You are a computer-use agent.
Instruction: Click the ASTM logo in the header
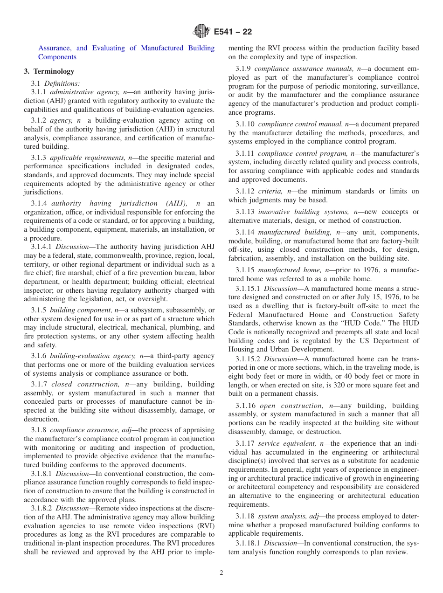tap(201, 32)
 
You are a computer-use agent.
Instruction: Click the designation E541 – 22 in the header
tap(233, 32)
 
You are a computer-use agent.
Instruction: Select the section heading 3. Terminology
tap(49, 71)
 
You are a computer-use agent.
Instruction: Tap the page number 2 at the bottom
tap(221, 573)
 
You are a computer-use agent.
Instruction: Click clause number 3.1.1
tap(40, 92)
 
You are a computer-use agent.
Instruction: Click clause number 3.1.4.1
tap(42, 247)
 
